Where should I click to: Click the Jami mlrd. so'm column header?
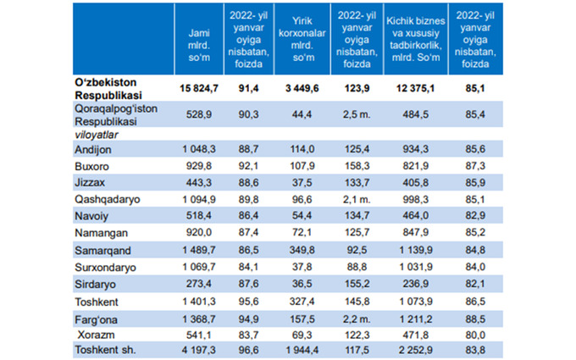(x=198, y=38)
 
